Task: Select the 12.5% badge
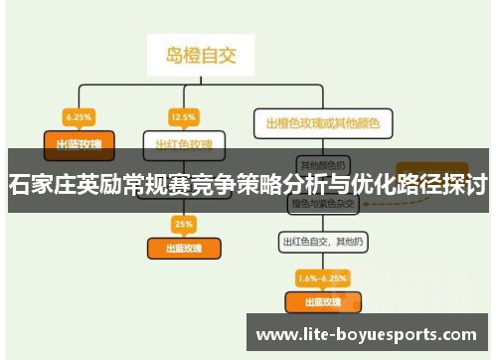182,115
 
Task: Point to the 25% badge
183,223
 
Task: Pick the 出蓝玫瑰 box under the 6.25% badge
79,142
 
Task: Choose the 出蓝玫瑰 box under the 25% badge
183,248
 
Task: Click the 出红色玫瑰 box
183,143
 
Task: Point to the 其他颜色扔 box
322,164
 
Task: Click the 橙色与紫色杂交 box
322,203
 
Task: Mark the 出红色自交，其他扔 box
322,242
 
